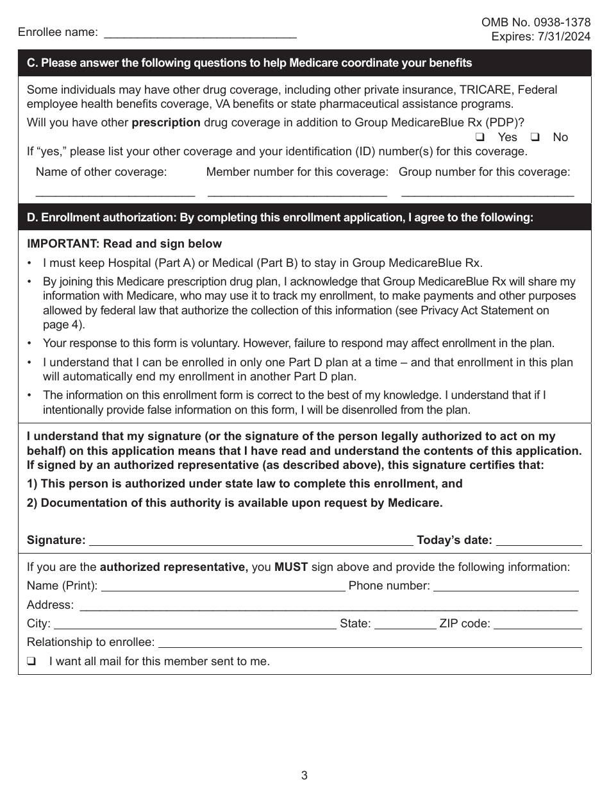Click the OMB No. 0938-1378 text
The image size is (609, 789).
[536, 22]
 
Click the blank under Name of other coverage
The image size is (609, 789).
[115, 191]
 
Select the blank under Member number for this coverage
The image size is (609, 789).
[297, 191]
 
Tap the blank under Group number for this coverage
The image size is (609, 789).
[487, 191]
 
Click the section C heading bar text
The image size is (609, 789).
[249, 63]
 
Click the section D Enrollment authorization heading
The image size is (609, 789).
[279, 217]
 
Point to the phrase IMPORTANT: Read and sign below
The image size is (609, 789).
[124, 244]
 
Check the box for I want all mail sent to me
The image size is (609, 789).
[30, 661]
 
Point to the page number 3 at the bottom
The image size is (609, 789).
[304, 775]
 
